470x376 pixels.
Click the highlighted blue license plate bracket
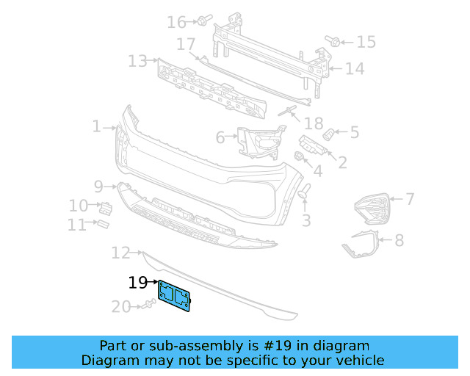[174, 295]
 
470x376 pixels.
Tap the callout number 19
[137, 282]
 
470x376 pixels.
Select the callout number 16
[176, 22]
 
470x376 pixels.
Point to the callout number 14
[355, 69]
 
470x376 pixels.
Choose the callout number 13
[137, 61]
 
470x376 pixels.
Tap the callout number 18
[314, 123]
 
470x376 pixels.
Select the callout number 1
[97, 127]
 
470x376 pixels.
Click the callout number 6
[220, 137]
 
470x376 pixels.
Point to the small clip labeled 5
[330, 134]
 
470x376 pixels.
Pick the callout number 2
[342, 162]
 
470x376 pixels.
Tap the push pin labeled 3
[303, 192]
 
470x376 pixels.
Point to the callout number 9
[99, 186]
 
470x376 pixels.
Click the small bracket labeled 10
[105, 208]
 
